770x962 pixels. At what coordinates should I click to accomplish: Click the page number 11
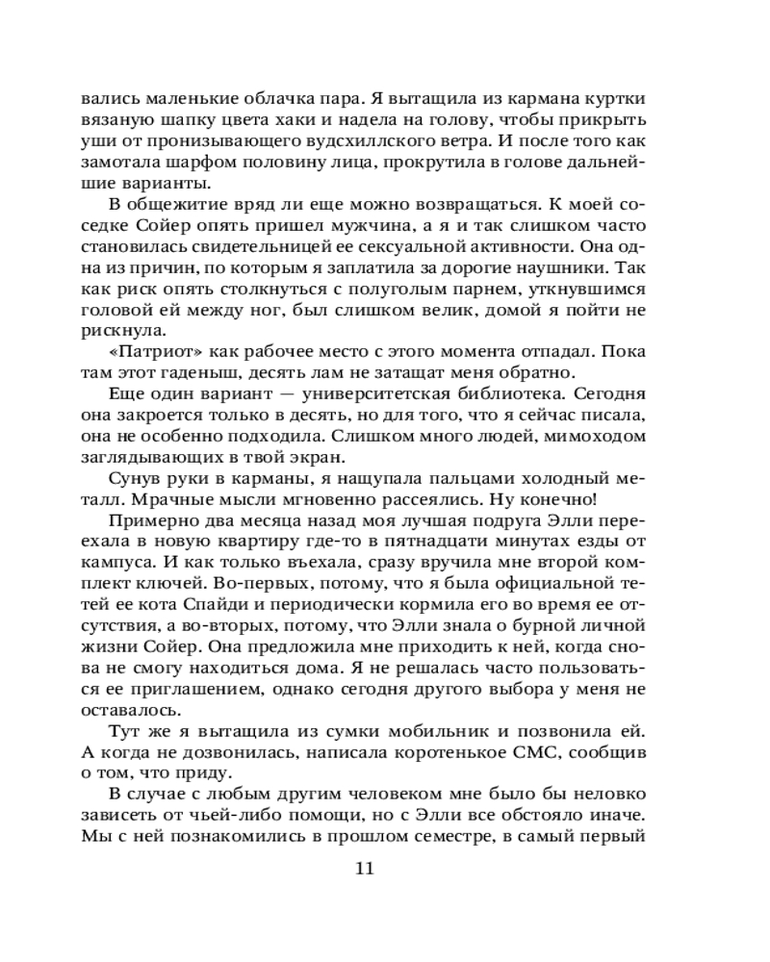pos(364,869)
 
